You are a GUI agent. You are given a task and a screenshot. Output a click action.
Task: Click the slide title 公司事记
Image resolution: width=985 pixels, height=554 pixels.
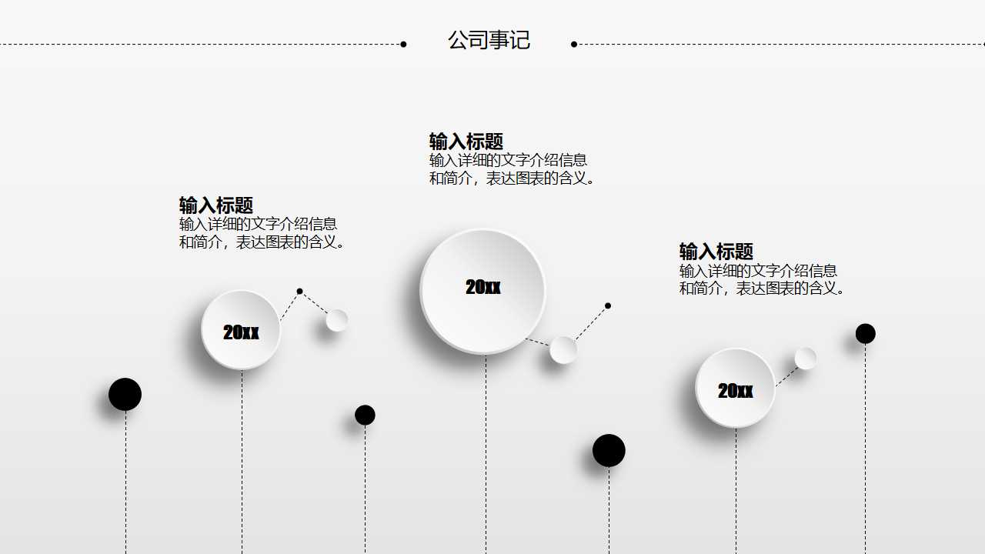click(x=489, y=40)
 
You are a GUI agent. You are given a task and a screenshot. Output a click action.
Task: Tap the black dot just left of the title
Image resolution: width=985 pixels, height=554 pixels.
click(x=403, y=45)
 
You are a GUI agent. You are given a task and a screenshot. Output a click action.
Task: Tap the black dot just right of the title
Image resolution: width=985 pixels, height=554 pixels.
click(x=574, y=45)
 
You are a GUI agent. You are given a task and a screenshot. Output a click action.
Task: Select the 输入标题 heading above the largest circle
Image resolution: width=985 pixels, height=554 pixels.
click(x=466, y=142)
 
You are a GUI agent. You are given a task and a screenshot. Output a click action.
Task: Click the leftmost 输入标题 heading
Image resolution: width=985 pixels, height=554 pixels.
click(x=215, y=205)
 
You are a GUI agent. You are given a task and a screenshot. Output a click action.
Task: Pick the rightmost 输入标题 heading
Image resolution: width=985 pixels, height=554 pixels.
click(x=716, y=252)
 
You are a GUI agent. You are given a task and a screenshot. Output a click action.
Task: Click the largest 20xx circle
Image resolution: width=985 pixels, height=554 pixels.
click(x=483, y=291)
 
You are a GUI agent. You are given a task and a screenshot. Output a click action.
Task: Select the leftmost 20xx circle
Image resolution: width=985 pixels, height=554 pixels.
click(x=241, y=330)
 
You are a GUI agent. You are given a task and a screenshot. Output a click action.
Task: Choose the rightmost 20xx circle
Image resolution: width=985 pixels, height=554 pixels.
click(x=735, y=388)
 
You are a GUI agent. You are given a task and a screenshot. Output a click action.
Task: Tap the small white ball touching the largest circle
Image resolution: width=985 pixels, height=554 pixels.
click(x=563, y=350)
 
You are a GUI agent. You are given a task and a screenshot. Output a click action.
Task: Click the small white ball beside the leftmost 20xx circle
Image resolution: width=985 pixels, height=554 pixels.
click(x=337, y=320)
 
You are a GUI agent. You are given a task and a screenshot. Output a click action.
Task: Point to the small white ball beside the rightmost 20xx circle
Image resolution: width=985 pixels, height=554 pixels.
click(x=806, y=359)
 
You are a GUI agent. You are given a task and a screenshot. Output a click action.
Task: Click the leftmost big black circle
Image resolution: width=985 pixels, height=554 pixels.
click(x=125, y=395)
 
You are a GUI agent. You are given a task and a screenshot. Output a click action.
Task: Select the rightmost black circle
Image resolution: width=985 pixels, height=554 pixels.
click(x=866, y=334)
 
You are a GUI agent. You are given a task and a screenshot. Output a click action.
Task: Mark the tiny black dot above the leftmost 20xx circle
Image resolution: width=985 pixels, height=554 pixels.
click(x=299, y=292)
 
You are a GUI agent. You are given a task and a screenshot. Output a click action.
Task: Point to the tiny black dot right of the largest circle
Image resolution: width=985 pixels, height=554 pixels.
click(x=608, y=306)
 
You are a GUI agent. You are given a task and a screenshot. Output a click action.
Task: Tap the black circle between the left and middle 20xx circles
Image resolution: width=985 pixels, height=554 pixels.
click(x=365, y=415)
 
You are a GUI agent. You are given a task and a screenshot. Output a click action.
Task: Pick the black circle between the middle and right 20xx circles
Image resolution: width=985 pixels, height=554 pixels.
click(x=609, y=451)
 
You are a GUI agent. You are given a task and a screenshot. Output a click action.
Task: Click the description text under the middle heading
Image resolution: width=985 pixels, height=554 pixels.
click(x=512, y=169)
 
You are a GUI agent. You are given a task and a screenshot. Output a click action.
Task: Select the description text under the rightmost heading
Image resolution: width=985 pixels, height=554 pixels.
click(x=762, y=279)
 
